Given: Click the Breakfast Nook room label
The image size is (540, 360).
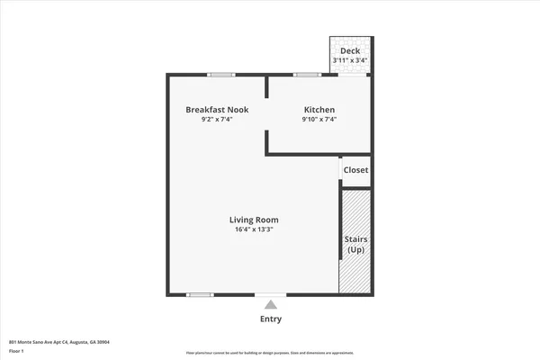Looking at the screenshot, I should click(x=217, y=110).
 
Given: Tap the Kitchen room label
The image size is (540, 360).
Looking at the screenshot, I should click(x=319, y=110).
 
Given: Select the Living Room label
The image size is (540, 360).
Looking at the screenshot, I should click(x=253, y=220).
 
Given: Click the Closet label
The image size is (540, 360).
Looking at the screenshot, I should click(x=355, y=170).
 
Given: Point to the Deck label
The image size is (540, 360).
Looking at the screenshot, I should click(x=350, y=51).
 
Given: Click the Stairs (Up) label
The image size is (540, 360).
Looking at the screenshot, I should click(x=355, y=244).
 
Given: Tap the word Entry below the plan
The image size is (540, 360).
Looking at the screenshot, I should click(x=271, y=319).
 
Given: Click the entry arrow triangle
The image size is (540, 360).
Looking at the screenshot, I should click(x=271, y=305).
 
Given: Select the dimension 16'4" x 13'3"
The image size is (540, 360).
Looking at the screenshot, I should click(x=253, y=229).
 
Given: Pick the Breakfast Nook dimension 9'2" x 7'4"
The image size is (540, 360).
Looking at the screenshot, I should click(x=217, y=120).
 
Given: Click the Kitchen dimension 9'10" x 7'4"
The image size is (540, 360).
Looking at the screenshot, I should click(x=319, y=120).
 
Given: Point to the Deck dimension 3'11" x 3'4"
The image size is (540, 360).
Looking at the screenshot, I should click(x=350, y=60).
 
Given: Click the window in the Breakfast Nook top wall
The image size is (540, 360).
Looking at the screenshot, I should click(x=221, y=74).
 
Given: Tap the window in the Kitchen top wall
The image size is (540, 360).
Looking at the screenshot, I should click(x=306, y=74).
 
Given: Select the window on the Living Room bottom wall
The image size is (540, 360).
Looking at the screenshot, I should click(x=199, y=294).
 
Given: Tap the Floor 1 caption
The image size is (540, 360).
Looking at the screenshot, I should click(x=17, y=351).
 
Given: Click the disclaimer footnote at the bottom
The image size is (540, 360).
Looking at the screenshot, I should click(x=270, y=352).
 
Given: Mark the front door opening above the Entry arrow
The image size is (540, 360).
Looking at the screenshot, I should click(x=271, y=294).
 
